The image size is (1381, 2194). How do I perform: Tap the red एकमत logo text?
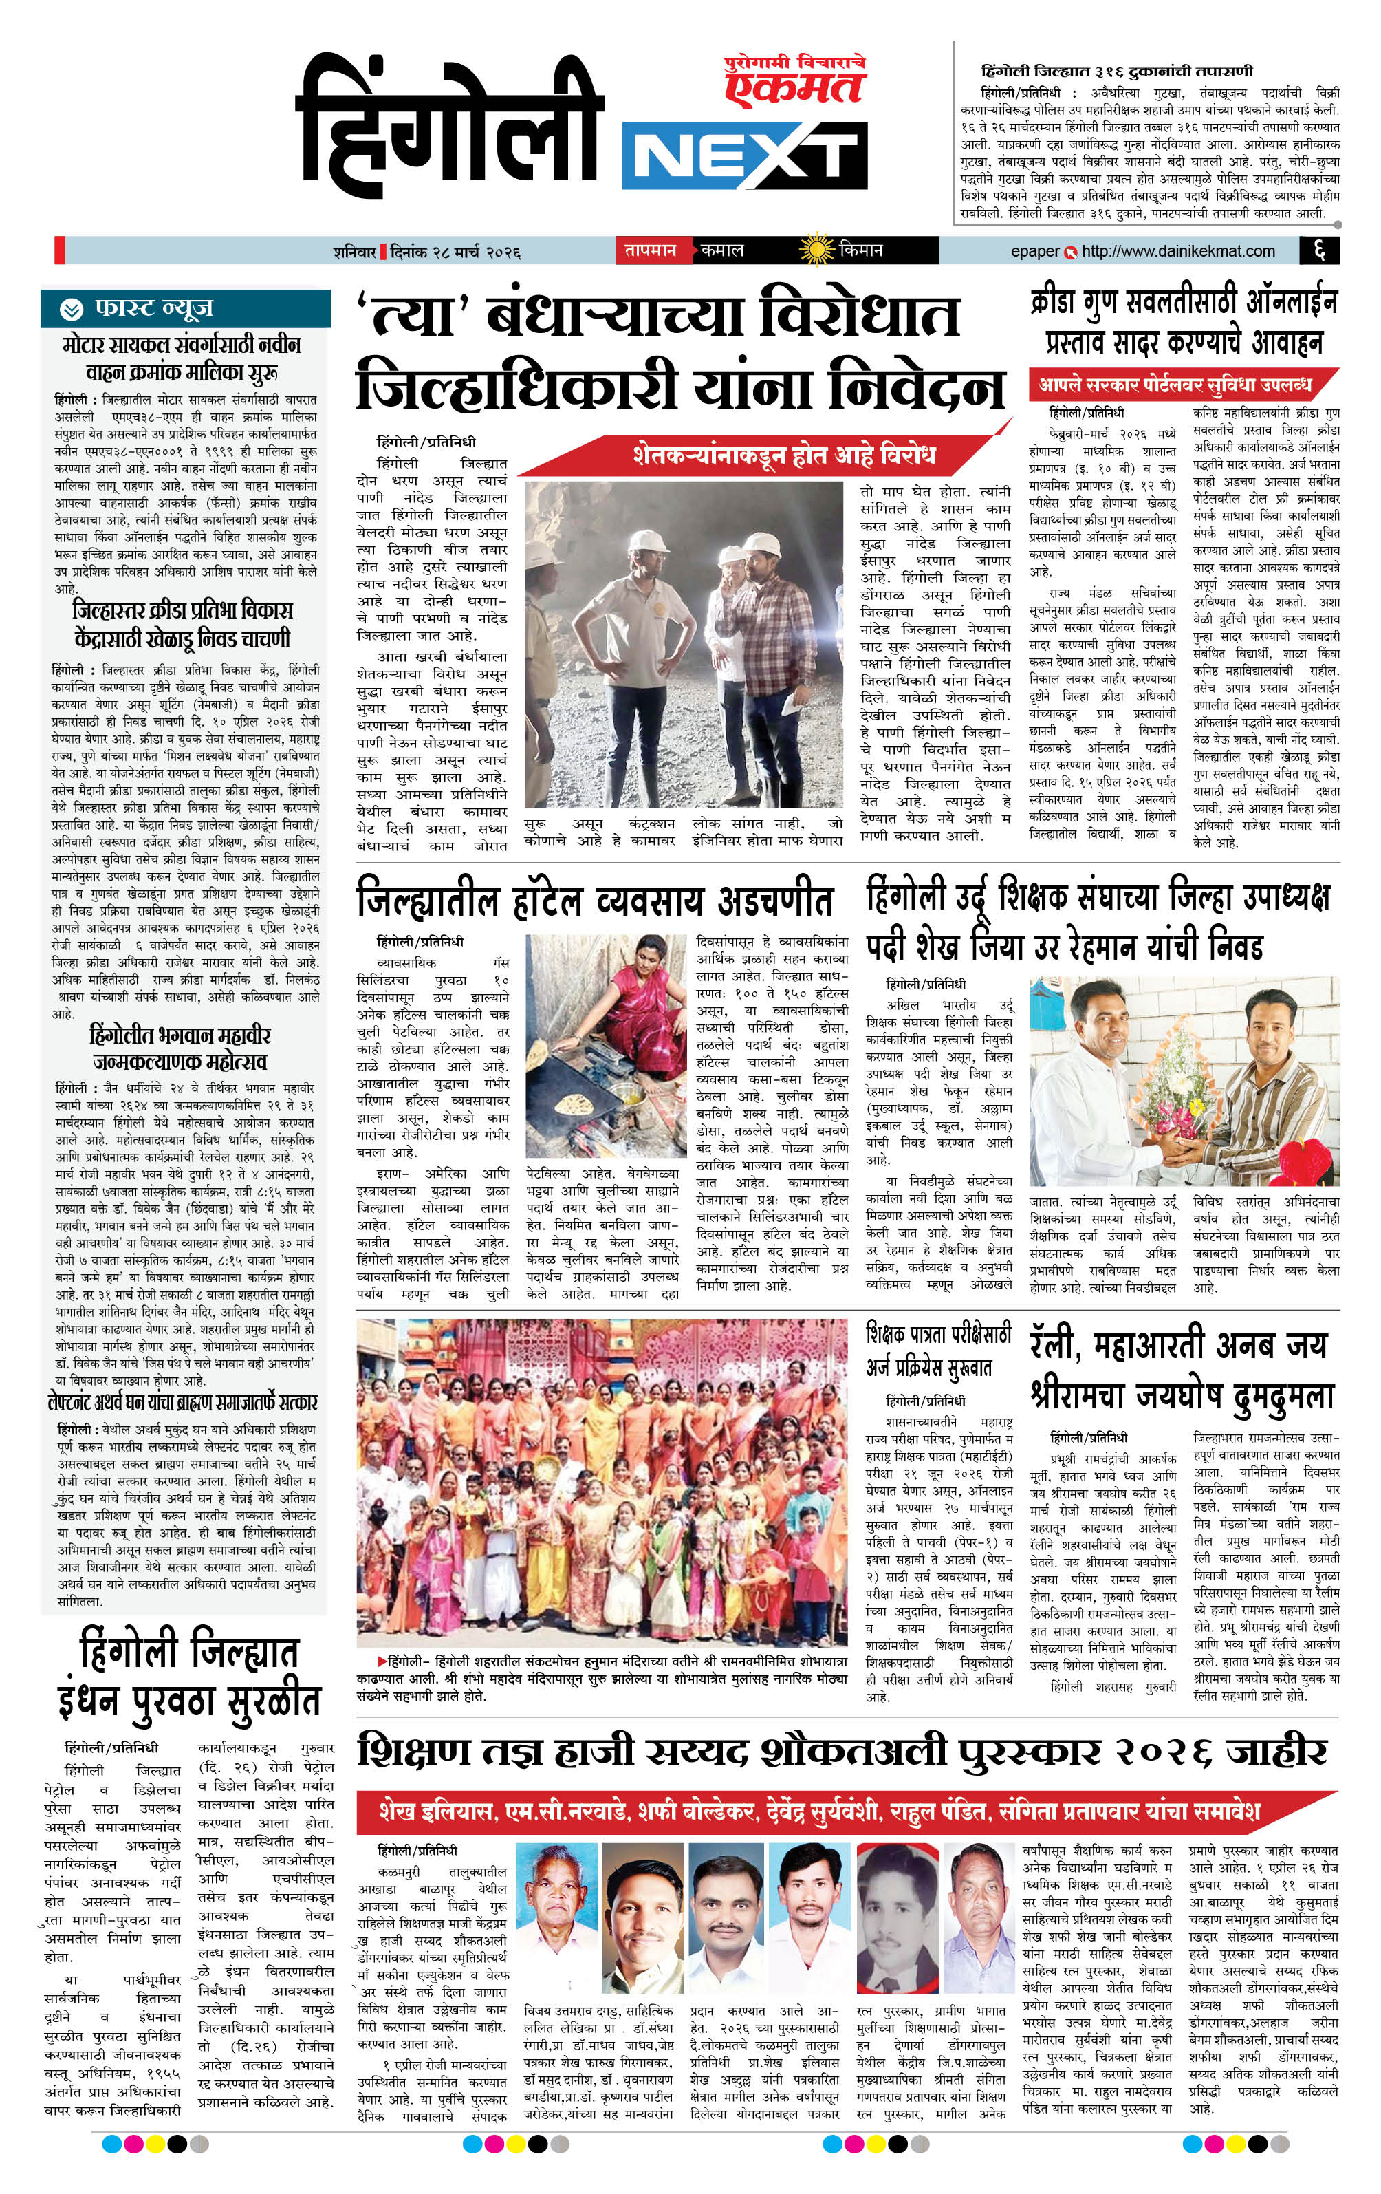point(794,88)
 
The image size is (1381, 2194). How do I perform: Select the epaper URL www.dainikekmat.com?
point(1178,250)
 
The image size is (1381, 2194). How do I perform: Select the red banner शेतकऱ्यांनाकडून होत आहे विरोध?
point(783,455)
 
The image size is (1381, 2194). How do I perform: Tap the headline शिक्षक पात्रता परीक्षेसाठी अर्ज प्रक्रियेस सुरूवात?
point(938,1351)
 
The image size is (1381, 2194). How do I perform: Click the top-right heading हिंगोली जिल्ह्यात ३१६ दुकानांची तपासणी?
point(1116,71)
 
